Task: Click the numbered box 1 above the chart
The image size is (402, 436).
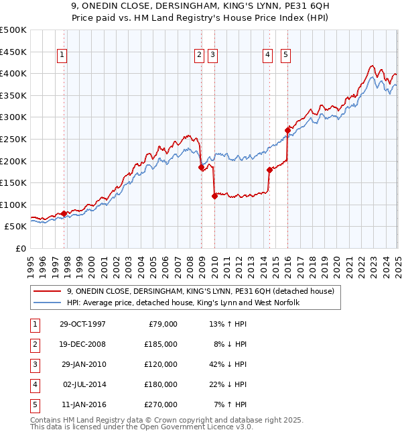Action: click(62, 56)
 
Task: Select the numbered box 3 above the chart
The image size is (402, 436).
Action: click(212, 56)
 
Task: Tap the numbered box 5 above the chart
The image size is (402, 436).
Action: click(285, 56)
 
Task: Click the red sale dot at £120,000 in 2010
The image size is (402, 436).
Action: click(214, 196)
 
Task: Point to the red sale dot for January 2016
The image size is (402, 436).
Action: click(287, 130)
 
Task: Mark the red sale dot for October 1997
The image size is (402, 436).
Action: click(64, 214)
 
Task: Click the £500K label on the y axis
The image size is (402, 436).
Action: click(13, 30)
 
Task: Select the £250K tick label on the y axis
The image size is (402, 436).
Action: click(13, 140)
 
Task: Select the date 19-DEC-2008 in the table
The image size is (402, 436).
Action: click(82, 344)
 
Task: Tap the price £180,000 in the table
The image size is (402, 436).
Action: click(161, 384)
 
